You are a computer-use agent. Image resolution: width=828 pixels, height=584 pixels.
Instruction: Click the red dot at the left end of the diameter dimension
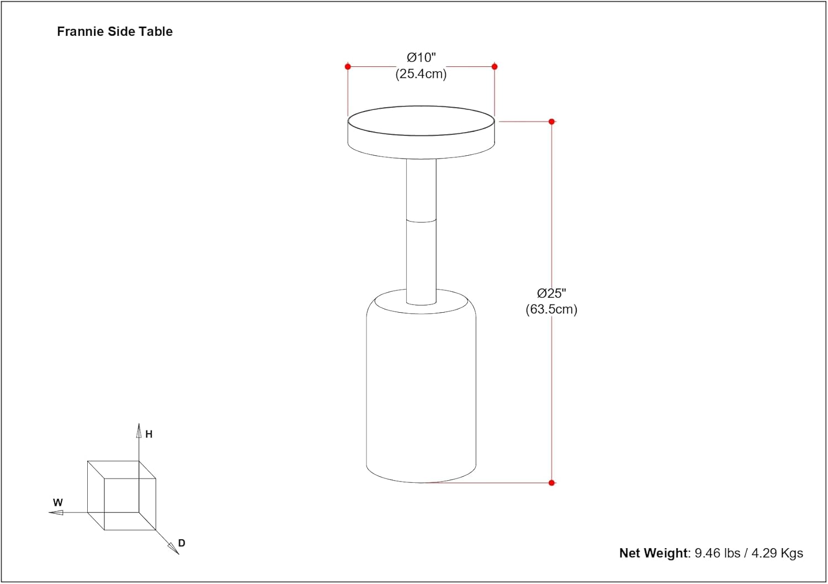[348, 67]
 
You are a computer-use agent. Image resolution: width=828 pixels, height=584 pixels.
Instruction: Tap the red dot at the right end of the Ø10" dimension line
[495, 67]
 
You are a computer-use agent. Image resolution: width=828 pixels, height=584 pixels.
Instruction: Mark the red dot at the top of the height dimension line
[551, 122]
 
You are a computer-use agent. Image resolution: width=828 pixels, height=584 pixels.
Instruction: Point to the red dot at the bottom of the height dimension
[551, 482]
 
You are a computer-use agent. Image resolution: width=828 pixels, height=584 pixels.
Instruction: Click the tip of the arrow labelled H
[139, 423]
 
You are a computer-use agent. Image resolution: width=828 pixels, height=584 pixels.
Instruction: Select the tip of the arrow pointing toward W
[49, 513]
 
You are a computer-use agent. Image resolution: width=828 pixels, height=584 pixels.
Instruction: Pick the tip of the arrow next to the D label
[179, 554]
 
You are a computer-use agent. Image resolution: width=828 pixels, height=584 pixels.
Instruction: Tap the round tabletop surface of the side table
[421, 120]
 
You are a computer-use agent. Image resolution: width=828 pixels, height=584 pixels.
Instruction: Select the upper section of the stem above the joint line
[421, 190]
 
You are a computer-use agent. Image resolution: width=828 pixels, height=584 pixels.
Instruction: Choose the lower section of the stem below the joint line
[421, 263]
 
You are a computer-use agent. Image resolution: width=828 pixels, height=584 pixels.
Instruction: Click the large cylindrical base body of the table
[421, 392]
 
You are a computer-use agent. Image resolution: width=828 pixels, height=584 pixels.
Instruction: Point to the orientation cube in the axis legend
[121, 495]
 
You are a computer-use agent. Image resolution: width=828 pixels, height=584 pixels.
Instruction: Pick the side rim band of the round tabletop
[421, 144]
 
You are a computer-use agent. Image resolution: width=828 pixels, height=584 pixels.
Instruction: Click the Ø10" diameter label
[421, 57]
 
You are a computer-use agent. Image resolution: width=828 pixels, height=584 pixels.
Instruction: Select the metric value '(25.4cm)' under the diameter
[421, 74]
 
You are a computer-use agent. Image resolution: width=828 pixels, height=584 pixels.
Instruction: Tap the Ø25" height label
[551, 293]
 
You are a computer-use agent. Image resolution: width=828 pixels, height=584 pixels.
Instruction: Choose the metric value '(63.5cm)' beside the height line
[551, 309]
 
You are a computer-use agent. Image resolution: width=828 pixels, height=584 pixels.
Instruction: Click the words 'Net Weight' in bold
[653, 553]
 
